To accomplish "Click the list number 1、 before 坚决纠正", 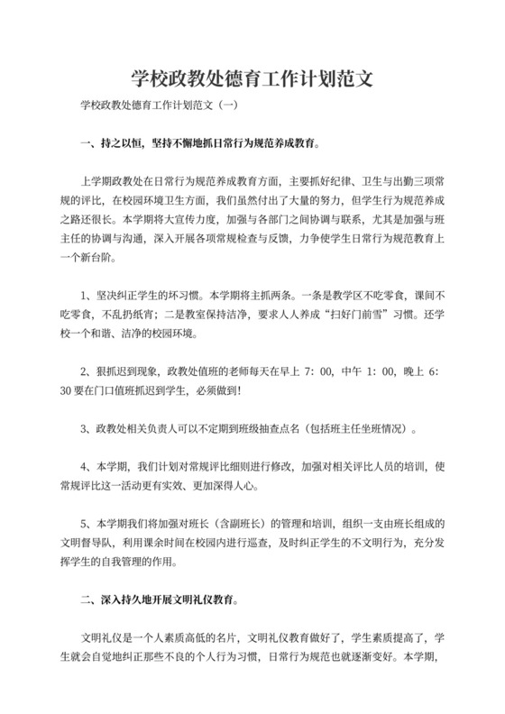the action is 87,293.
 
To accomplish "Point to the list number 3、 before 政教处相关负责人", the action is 87,427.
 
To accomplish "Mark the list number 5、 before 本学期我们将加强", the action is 87,524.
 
